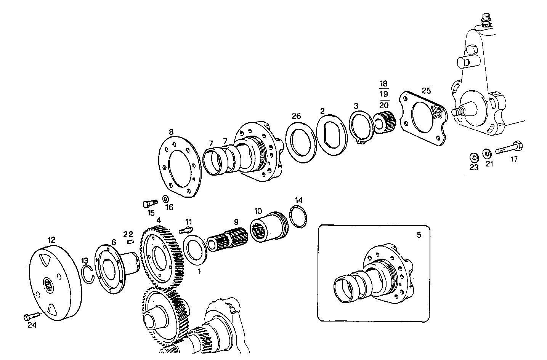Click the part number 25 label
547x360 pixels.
(x=426, y=91)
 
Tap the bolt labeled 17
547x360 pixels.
(x=509, y=148)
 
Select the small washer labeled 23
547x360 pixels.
(x=474, y=157)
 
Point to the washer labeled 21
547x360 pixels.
(x=487, y=154)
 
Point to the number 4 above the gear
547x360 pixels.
(x=158, y=220)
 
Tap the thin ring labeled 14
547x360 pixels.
(x=298, y=218)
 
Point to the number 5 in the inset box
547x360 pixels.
(x=419, y=235)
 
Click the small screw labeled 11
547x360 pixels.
(x=185, y=230)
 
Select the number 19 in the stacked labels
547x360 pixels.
(x=384, y=94)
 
